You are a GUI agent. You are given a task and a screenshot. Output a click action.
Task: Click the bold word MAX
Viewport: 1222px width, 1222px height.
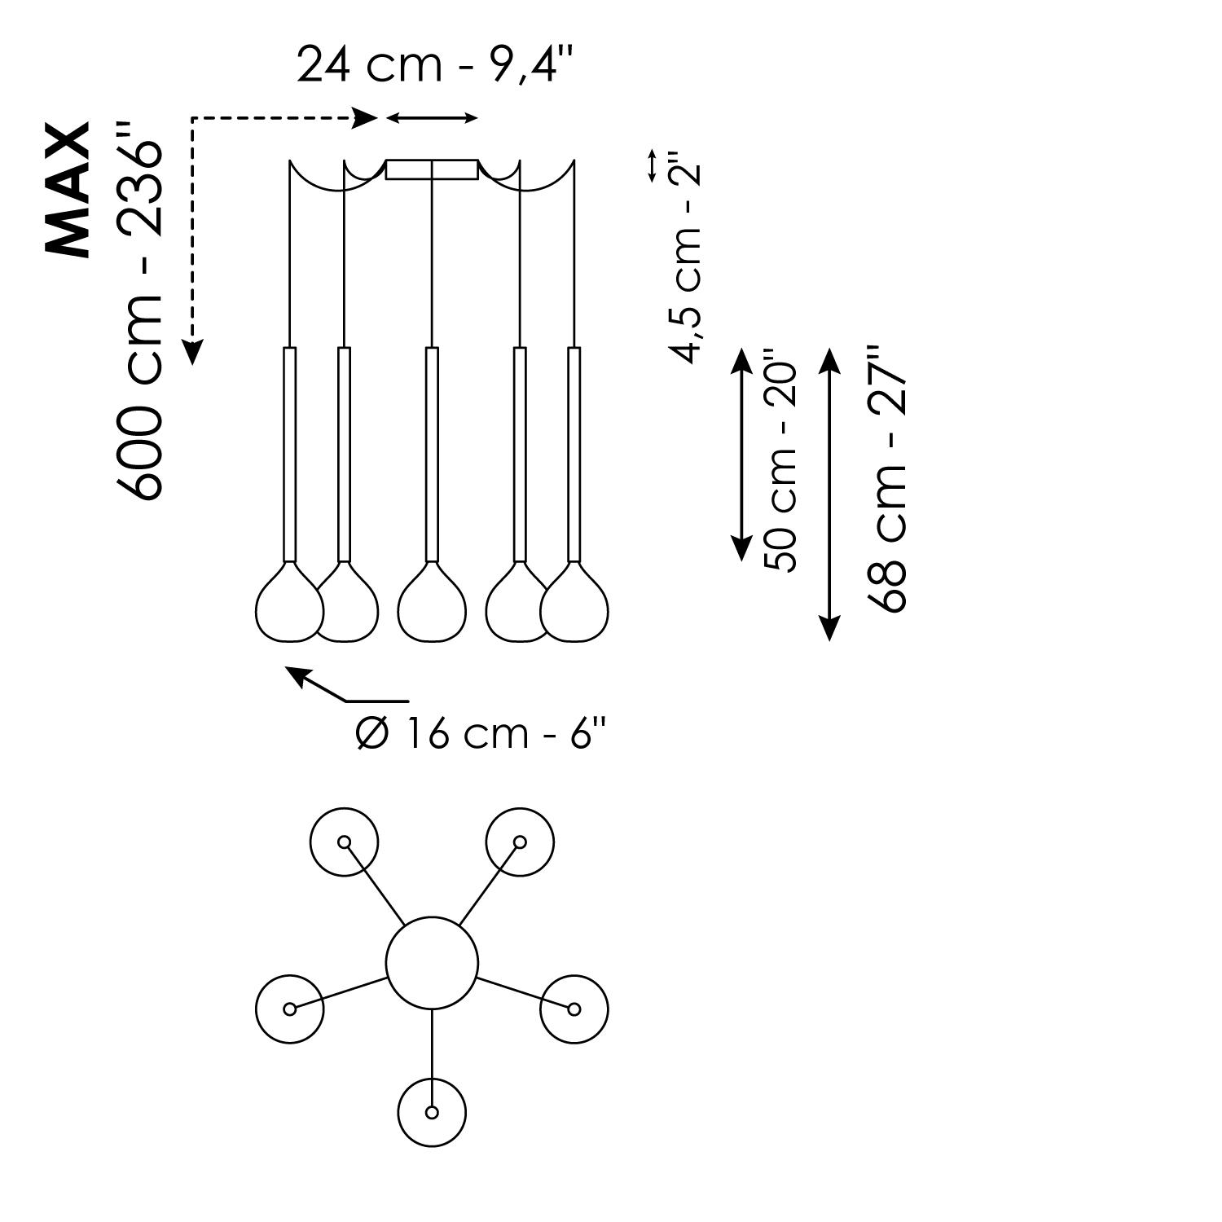pos(68,191)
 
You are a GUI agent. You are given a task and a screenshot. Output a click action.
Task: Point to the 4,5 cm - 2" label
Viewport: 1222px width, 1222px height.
pos(684,257)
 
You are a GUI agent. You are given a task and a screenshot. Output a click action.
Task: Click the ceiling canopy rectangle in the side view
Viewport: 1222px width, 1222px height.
pos(432,169)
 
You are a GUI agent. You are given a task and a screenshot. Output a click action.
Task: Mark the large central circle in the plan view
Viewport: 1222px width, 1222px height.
pos(432,962)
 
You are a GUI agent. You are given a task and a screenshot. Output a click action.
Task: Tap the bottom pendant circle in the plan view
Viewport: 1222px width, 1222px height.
pos(432,1112)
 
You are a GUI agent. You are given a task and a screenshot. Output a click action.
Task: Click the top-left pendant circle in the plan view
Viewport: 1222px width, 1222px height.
pos(345,842)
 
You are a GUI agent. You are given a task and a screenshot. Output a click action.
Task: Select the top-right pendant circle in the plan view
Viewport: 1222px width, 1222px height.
pos(520,842)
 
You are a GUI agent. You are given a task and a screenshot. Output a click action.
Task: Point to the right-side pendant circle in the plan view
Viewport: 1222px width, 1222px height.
pos(574,1009)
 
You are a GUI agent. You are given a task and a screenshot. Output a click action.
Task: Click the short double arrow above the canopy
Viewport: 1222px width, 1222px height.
pos(432,119)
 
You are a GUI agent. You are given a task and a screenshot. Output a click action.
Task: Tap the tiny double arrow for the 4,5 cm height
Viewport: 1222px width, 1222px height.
pos(652,165)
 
